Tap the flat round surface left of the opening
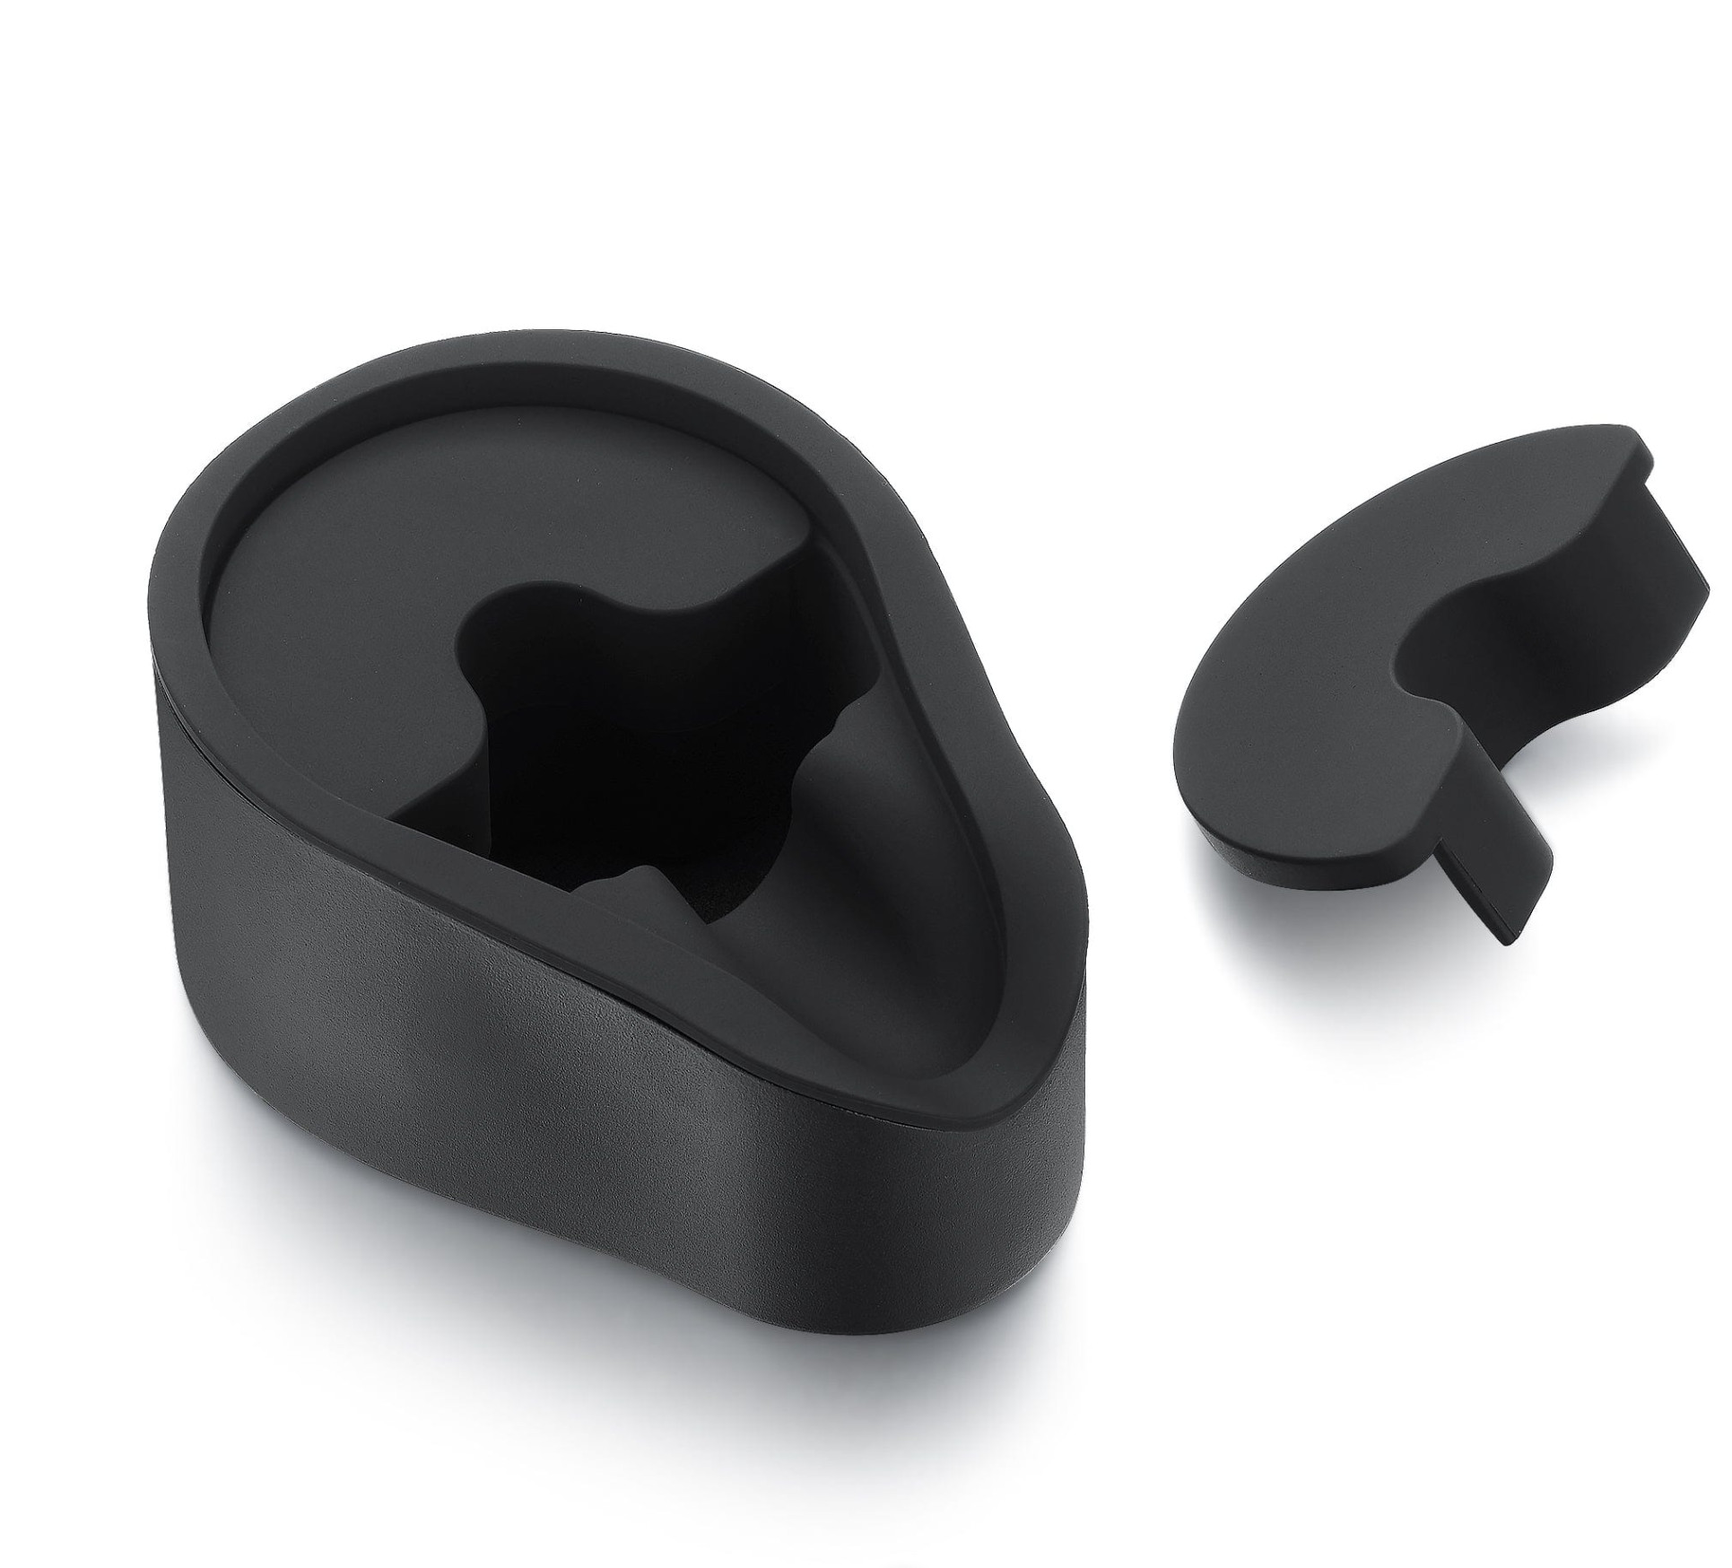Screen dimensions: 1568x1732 [x=341, y=574]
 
